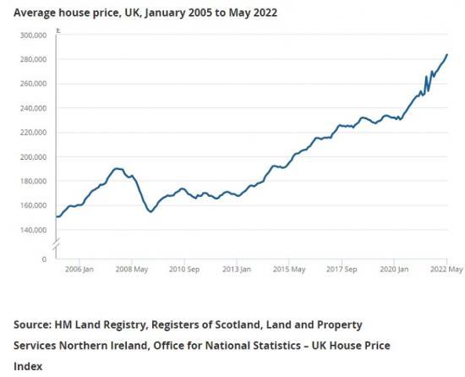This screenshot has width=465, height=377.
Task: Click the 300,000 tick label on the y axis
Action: click(32, 36)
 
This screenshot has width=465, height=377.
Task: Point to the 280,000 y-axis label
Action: click(32, 59)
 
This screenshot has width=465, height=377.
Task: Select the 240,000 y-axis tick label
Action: click(32, 108)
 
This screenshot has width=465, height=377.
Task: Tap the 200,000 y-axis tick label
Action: click(32, 157)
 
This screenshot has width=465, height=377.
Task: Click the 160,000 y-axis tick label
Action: click(32, 205)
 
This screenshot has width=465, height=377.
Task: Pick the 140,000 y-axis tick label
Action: click(32, 230)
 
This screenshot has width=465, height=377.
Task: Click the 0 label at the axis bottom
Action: click(45, 259)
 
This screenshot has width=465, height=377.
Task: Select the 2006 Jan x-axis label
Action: click(78, 270)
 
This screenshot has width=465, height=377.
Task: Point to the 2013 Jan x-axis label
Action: click(236, 270)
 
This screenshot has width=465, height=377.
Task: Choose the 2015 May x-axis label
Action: click(288, 270)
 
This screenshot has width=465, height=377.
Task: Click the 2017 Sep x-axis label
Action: click(342, 270)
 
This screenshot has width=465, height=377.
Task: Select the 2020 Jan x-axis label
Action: click(395, 270)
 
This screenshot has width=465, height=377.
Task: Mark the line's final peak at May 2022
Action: click(447, 55)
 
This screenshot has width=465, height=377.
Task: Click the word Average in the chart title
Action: click(37, 13)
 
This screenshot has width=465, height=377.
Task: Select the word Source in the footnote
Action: click(32, 325)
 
